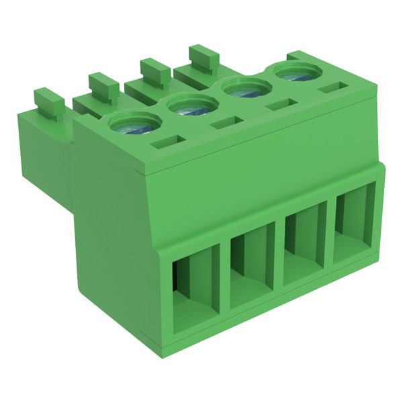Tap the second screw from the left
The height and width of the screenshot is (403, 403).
pos(193,105)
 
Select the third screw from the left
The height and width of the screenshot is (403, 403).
pos(246,87)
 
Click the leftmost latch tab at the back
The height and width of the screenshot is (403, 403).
pos(48,100)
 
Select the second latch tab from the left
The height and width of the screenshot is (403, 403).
pos(103,85)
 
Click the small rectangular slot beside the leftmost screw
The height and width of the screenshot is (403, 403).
pos(166,141)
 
